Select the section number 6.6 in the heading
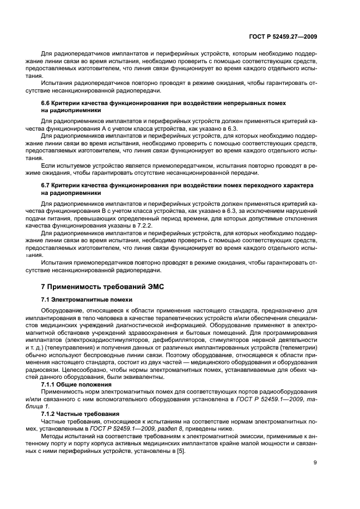(48, 103)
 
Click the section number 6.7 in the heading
(48, 185)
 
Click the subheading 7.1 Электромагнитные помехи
(86, 299)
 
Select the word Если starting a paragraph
(48, 164)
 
